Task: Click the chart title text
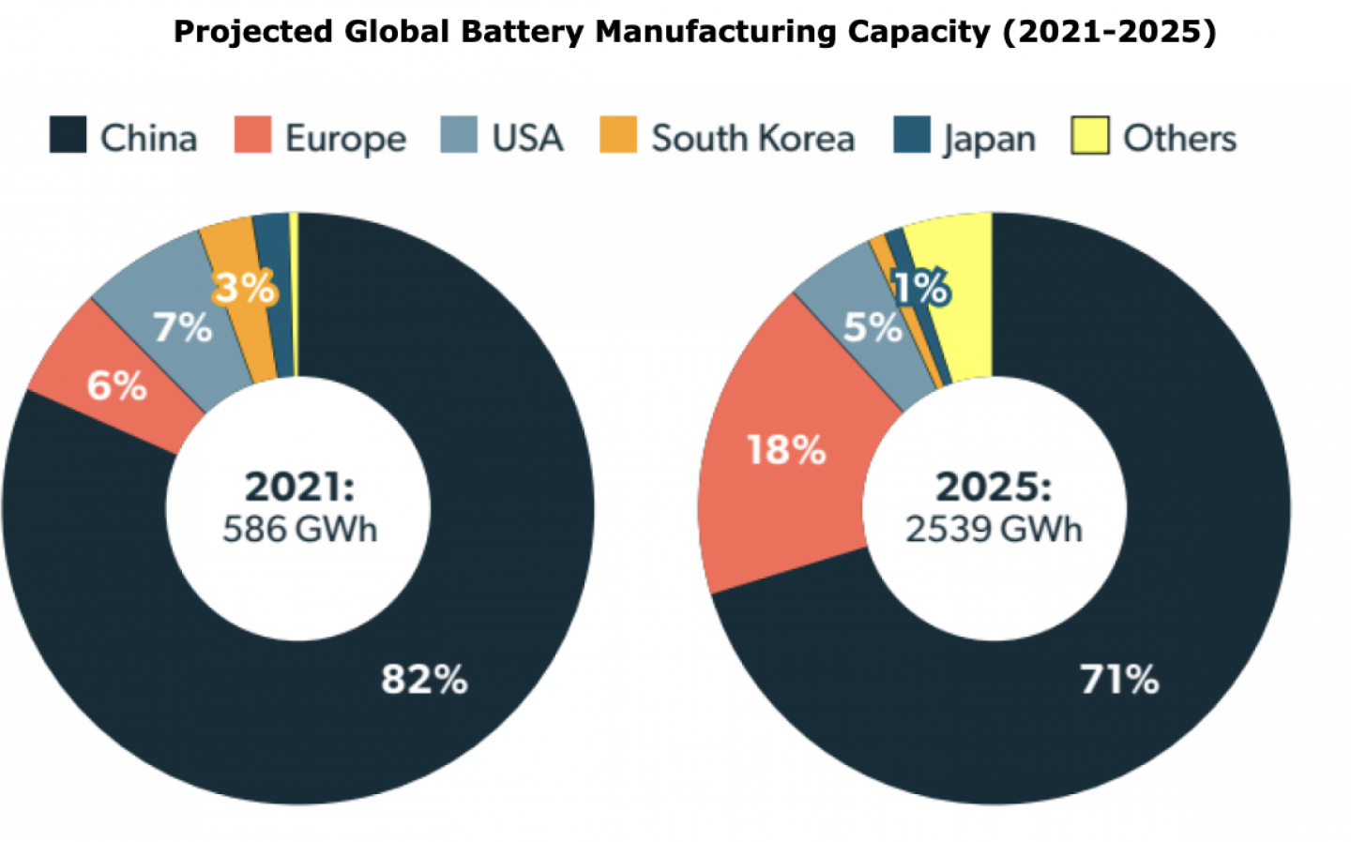(x=694, y=32)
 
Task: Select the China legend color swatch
(x=68, y=135)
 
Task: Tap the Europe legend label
(x=345, y=139)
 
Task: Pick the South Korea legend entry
(x=751, y=139)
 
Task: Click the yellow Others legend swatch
(x=1089, y=136)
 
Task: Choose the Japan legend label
(x=989, y=139)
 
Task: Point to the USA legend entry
(x=526, y=139)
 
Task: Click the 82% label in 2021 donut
(x=424, y=679)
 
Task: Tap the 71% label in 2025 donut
(x=1118, y=679)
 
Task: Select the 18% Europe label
(x=785, y=450)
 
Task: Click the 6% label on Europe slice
(x=117, y=385)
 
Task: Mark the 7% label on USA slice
(x=183, y=328)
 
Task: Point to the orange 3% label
(x=244, y=287)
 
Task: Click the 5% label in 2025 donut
(x=872, y=327)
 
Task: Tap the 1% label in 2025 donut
(x=921, y=288)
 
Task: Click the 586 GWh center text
(x=299, y=530)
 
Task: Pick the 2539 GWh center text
(x=994, y=530)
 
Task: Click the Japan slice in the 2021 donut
(x=274, y=281)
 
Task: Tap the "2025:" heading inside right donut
(x=994, y=488)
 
